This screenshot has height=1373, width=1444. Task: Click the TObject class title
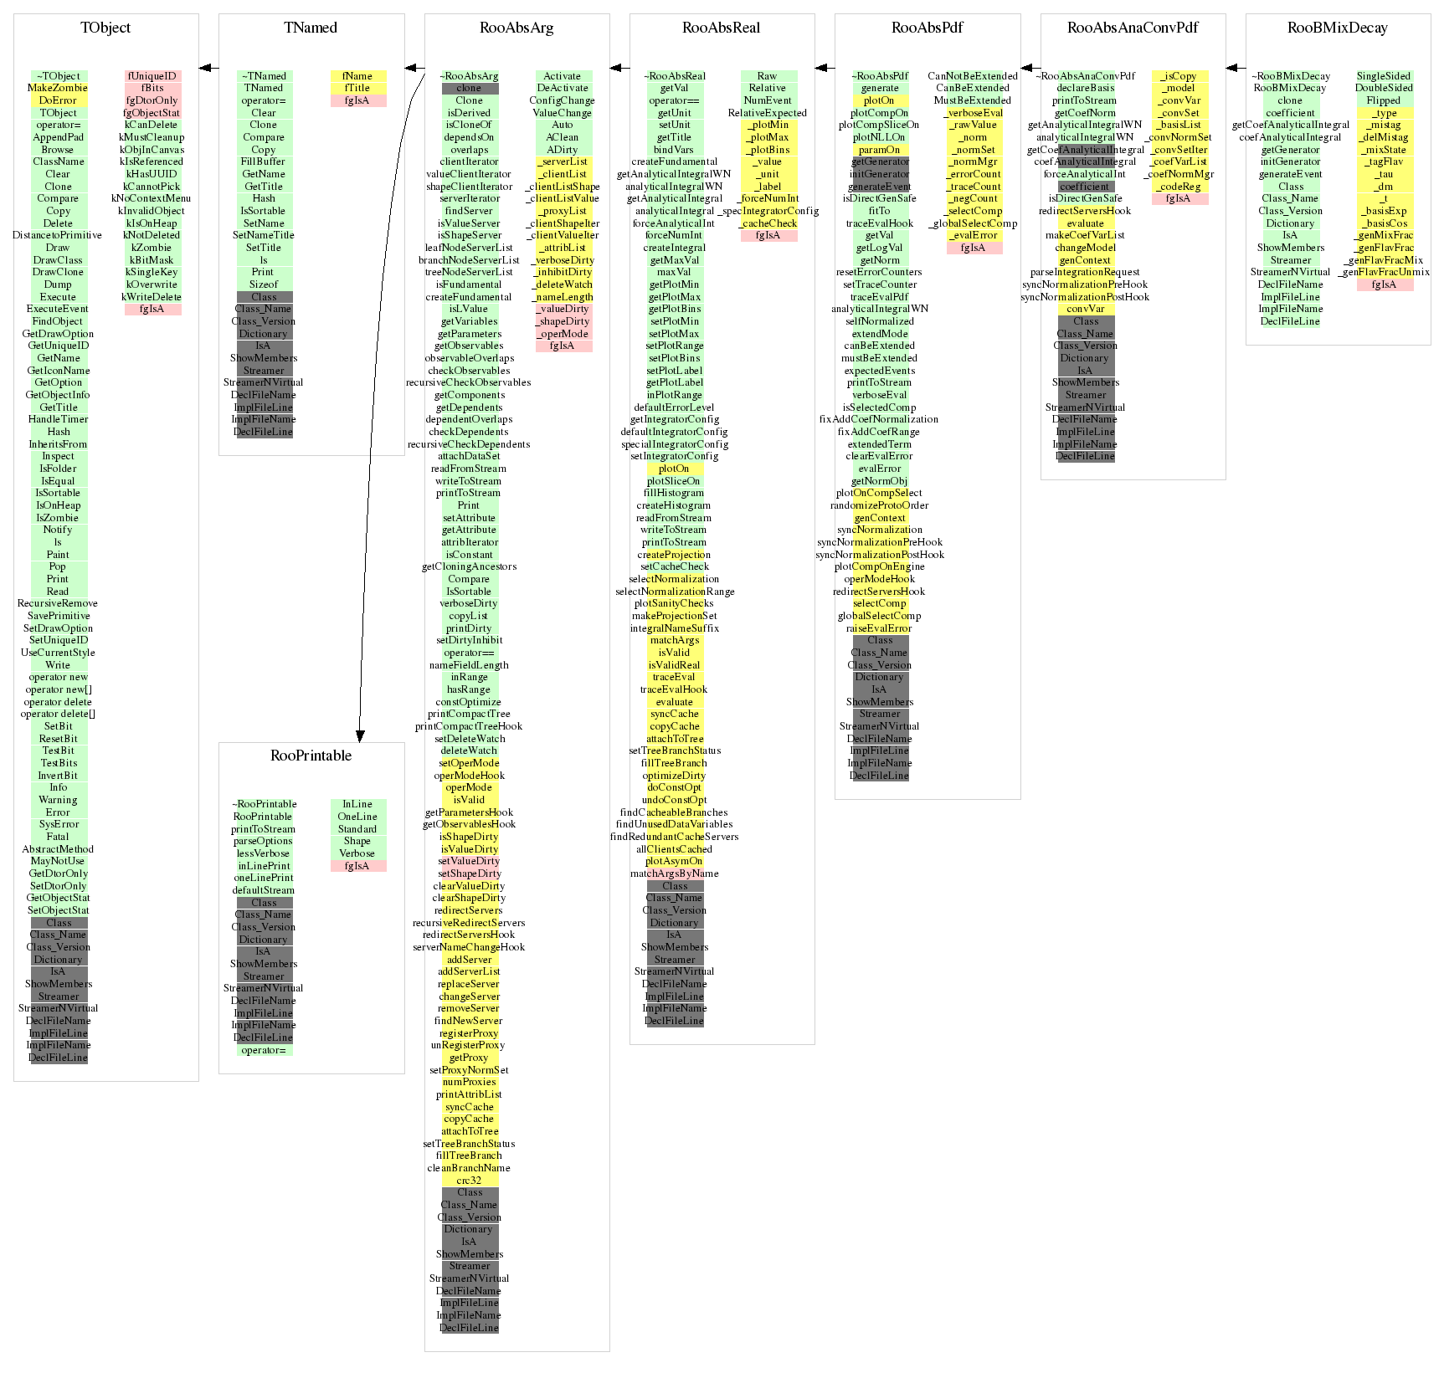(105, 28)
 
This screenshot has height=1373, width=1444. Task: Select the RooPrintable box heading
(311, 756)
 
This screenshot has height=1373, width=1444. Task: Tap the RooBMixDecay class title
(1337, 28)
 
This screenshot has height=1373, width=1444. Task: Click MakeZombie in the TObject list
(58, 88)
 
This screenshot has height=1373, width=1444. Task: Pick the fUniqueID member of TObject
(152, 76)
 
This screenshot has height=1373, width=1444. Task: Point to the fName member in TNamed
(357, 76)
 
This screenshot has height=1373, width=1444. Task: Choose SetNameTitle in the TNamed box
(264, 235)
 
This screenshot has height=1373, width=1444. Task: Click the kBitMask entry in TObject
(152, 260)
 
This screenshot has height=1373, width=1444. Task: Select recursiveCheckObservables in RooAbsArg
(469, 382)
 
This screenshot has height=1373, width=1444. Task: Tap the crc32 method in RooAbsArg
(469, 1181)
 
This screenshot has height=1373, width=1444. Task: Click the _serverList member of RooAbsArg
(563, 161)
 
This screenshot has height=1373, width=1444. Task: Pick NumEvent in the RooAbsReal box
(768, 100)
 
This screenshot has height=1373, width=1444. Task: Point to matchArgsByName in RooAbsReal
(675, 873)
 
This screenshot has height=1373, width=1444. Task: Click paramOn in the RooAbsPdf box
(879, 150)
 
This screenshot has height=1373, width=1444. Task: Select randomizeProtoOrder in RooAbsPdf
(879, 505)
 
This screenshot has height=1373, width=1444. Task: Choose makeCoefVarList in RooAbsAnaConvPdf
(1085, 235)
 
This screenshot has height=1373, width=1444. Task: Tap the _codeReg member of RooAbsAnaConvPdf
(1179, 187)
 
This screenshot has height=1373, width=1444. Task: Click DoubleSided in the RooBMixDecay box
(1384, 88)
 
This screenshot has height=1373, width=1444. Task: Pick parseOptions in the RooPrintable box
(264, 841)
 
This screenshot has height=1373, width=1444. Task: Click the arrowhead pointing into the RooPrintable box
(360, 736)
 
